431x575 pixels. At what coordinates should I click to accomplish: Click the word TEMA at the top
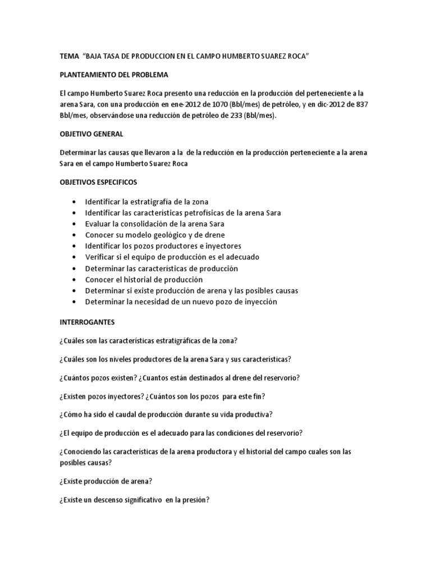pos(68,57)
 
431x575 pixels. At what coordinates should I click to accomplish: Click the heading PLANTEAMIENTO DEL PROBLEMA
pos(114,75)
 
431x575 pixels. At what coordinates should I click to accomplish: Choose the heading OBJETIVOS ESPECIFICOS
pos(102,182)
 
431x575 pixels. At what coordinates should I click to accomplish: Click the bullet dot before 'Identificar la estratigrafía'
pos(75,201)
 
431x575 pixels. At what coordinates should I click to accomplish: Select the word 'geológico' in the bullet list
pos(166,235)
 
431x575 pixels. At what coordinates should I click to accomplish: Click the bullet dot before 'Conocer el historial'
pos(75,280)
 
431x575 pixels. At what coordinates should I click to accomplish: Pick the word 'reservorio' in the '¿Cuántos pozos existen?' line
pos(281,378)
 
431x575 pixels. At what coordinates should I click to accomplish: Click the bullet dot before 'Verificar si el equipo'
pos(75,257)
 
